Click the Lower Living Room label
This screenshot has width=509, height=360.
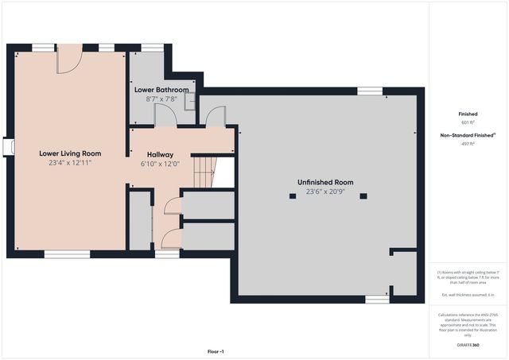coord(70,153)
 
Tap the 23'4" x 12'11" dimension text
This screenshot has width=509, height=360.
coord(70,163)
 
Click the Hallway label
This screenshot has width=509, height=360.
coord(160,154)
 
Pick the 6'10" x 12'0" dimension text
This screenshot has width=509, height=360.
coord(160,164)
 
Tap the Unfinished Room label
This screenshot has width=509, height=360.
coord(325,182)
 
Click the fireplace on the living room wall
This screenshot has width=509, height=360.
coord(8,148)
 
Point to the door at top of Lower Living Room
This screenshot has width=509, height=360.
coord(69,57)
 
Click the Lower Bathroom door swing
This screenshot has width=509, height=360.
coord(165,116)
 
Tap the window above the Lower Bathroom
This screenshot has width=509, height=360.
coord(153,48)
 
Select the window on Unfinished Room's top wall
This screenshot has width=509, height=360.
coord(370,91)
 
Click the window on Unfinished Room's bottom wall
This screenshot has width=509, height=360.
coord(377,299)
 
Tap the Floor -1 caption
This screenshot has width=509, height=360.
coord(216,351)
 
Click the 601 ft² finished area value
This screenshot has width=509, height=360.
coord(468,123)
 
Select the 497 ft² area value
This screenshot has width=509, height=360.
coord(468,144)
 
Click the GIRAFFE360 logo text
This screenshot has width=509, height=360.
coord(468,346)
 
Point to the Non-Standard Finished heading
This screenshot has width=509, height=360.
coord(468,135)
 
